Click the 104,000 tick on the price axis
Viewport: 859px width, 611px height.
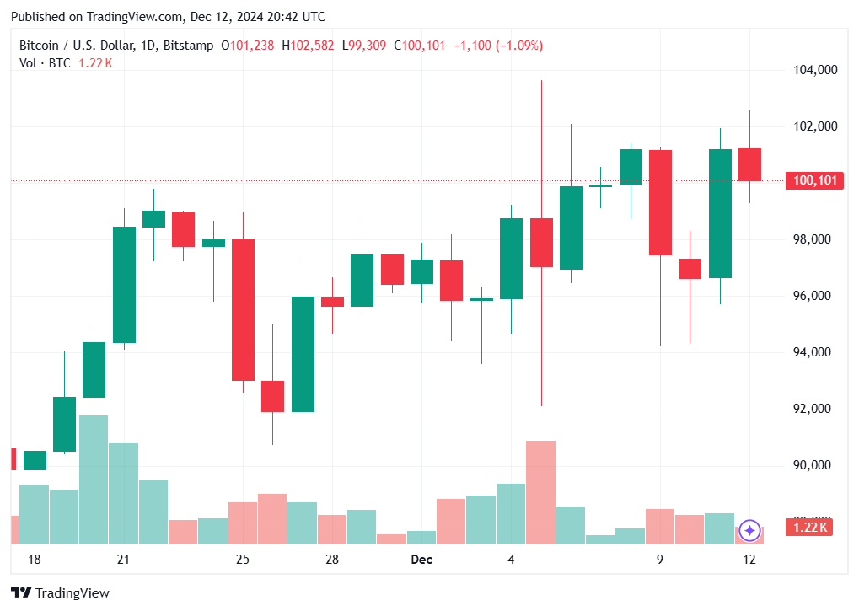816,70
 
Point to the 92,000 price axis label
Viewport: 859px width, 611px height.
816,409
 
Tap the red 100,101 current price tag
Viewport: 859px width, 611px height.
814,180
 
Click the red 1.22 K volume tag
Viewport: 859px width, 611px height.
809,528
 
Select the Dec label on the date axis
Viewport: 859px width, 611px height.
421,560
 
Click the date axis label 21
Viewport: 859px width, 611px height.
123,560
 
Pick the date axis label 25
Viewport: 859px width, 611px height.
243,560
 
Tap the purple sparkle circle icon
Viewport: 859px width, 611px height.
750,530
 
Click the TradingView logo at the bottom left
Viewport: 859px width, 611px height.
60,593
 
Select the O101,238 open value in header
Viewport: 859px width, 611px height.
247,46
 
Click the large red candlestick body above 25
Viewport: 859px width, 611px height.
244,309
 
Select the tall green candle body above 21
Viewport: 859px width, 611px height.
124,285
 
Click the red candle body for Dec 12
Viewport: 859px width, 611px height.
749,164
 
